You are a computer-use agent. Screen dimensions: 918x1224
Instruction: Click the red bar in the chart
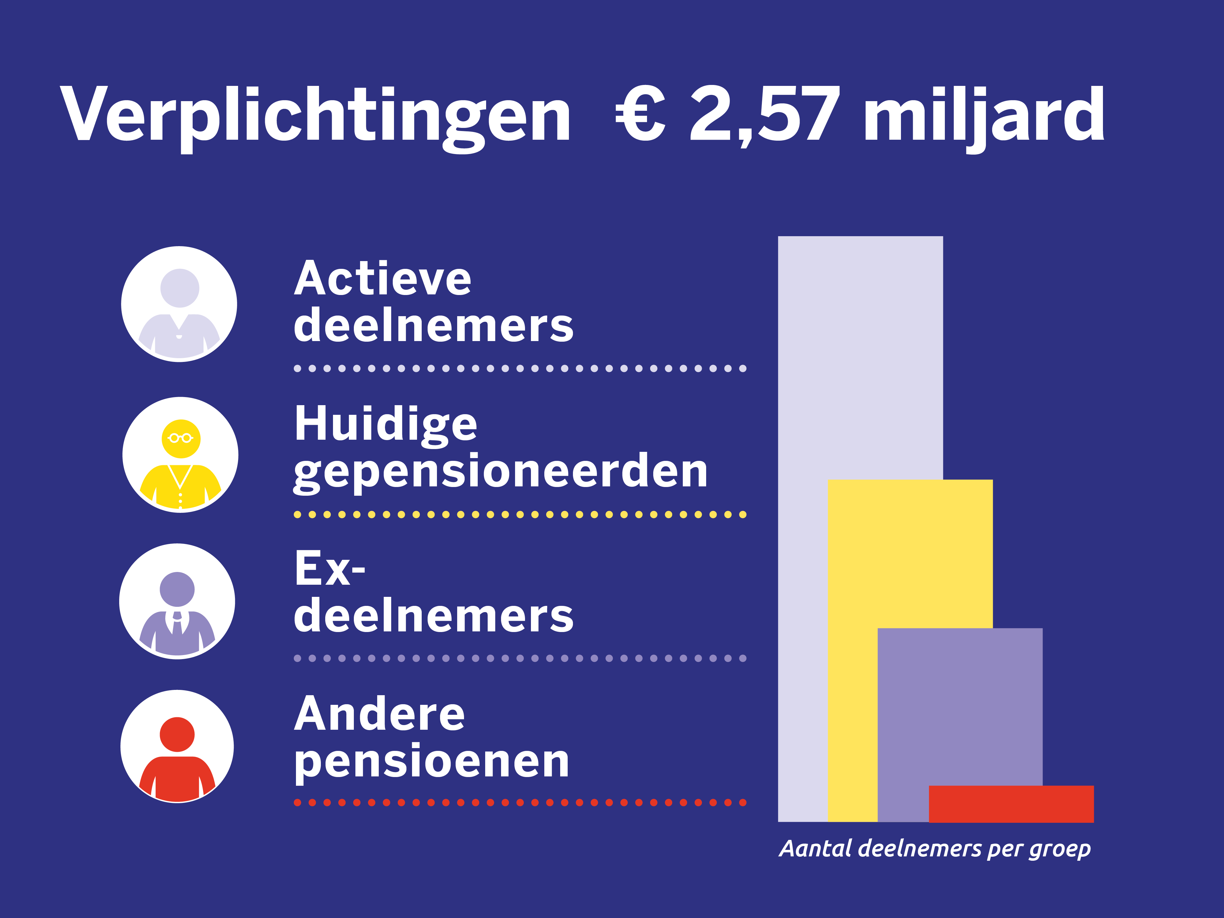pos(1011,803)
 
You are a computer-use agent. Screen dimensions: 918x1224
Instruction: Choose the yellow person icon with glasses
pos(181,455)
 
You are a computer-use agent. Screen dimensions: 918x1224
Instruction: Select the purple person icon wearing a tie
pos(177,602)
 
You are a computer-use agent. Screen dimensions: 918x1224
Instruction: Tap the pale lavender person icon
pos(179,304)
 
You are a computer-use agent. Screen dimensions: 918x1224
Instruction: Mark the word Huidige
pos(386,424)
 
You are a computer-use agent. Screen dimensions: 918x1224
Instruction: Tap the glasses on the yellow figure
pos(181,438)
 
